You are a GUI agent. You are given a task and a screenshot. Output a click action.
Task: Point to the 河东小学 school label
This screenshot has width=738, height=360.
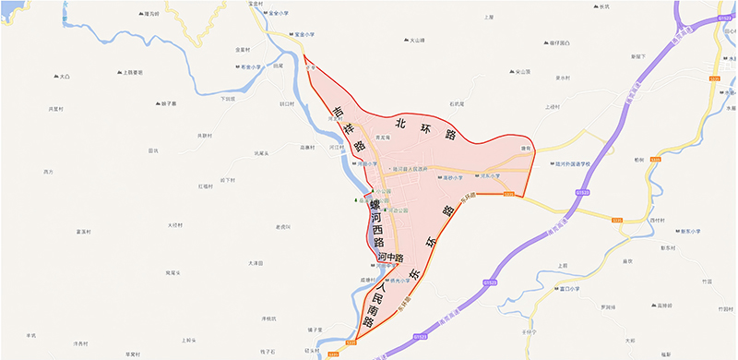click(x=487, y=175)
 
